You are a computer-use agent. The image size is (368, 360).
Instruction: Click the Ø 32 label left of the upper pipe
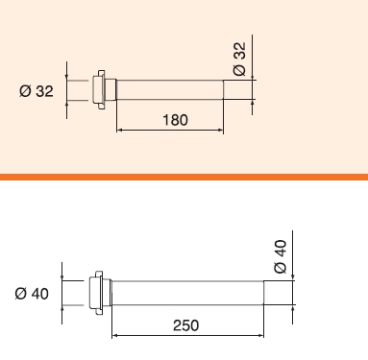coord(36,91)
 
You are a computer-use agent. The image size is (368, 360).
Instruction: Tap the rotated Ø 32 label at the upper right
coord(240,60)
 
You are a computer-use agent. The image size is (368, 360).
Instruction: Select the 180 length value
coord(174,120)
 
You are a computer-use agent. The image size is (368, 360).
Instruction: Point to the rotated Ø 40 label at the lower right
coord(281,257)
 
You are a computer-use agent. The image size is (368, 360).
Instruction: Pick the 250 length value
coord(187,325)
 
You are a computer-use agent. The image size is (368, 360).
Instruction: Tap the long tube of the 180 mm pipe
coord(169,91)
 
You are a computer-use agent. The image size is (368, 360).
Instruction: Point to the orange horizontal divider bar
coord(184,177)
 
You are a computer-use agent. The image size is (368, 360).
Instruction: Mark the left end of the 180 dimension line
coord(116,131)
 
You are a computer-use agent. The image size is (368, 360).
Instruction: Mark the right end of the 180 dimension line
coord(224,131)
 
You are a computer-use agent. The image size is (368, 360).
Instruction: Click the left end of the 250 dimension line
coord(113,336)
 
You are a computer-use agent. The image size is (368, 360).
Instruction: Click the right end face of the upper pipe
coord(224,91)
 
